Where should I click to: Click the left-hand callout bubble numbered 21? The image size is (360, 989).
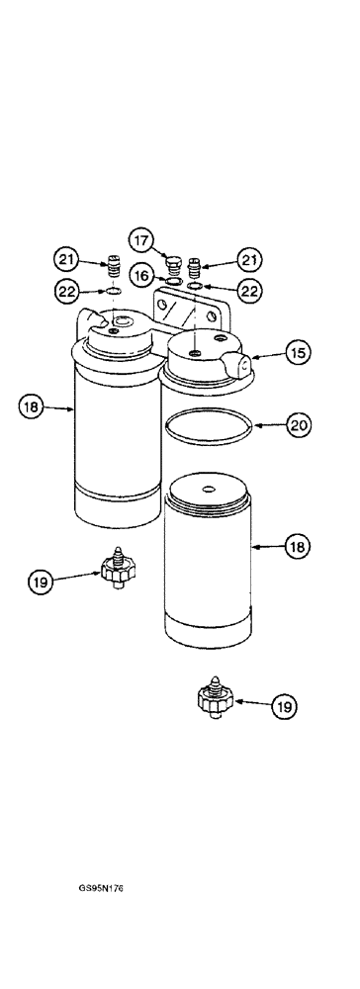click(x=67, y=260)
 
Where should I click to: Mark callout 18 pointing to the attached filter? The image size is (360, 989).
click(x=33, y=406)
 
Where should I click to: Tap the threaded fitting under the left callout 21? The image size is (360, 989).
click(x=114, y=268)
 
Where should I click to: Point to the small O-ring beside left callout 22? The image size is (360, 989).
click(x=114, y=293)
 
